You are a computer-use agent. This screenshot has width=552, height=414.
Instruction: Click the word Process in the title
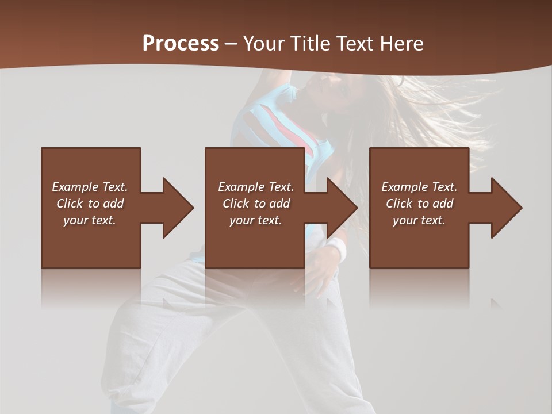click(181, 44)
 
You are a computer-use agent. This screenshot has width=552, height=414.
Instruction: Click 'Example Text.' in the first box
click(90, 187)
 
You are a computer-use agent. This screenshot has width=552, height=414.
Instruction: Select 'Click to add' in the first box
click(90, 204)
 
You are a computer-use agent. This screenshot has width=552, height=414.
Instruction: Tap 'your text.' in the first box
click(90, 220)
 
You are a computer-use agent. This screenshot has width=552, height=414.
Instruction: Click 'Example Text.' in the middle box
click(255, 187)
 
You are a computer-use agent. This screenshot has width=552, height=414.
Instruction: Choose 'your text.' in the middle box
click(255, 220)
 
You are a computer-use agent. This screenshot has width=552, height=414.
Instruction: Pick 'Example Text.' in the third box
click(419, 187)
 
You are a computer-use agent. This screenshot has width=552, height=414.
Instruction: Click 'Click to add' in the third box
click(419, 204)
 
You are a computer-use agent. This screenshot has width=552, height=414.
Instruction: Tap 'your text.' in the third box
click(419, 220)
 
